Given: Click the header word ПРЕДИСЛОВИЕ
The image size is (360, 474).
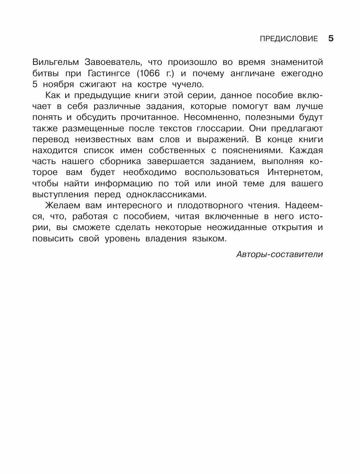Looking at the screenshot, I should point(289,39).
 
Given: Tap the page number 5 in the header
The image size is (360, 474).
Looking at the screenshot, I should point(331,38).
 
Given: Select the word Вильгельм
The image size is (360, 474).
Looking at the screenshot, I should point(55,62).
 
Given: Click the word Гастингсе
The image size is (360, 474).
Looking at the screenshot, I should point(109,73).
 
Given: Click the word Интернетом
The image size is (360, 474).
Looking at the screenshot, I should point(295,172).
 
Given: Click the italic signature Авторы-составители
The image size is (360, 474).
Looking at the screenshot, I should point(279,254).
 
